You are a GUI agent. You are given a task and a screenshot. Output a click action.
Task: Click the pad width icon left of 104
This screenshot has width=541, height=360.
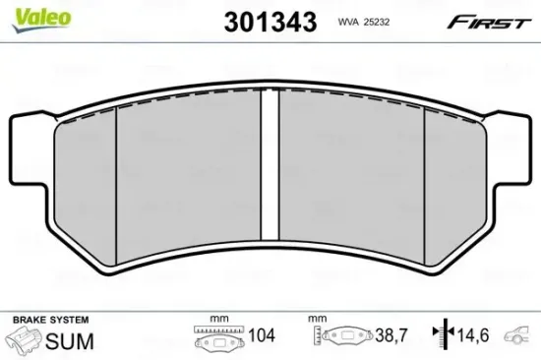click(x=218, y=340)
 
